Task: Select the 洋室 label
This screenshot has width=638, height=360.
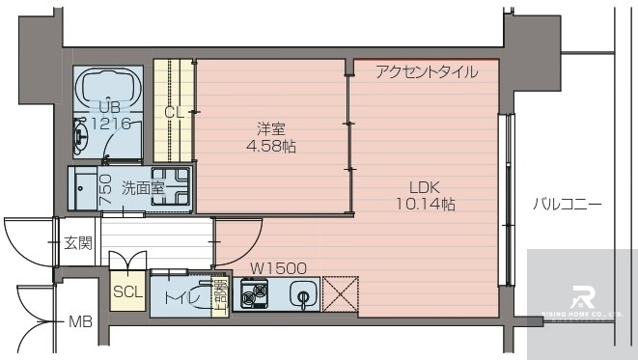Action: tap(270, 128)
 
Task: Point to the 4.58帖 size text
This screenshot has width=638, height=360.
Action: tap(270, 147)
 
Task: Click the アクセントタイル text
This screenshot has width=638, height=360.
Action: tap(425, 70)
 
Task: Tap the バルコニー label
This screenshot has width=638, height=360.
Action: tap(568, 205)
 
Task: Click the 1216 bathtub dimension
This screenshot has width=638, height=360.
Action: tap(109, 123)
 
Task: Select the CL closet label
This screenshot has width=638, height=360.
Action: tap(174, 112)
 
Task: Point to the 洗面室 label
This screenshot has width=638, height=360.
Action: tap(142, 187)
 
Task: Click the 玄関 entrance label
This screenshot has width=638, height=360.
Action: tap(78, 242)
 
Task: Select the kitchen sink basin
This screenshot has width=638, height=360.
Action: tap(302, 294)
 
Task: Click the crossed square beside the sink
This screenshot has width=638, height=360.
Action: tap(340, 294)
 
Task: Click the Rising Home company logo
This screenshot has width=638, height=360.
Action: tap(585, 297)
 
